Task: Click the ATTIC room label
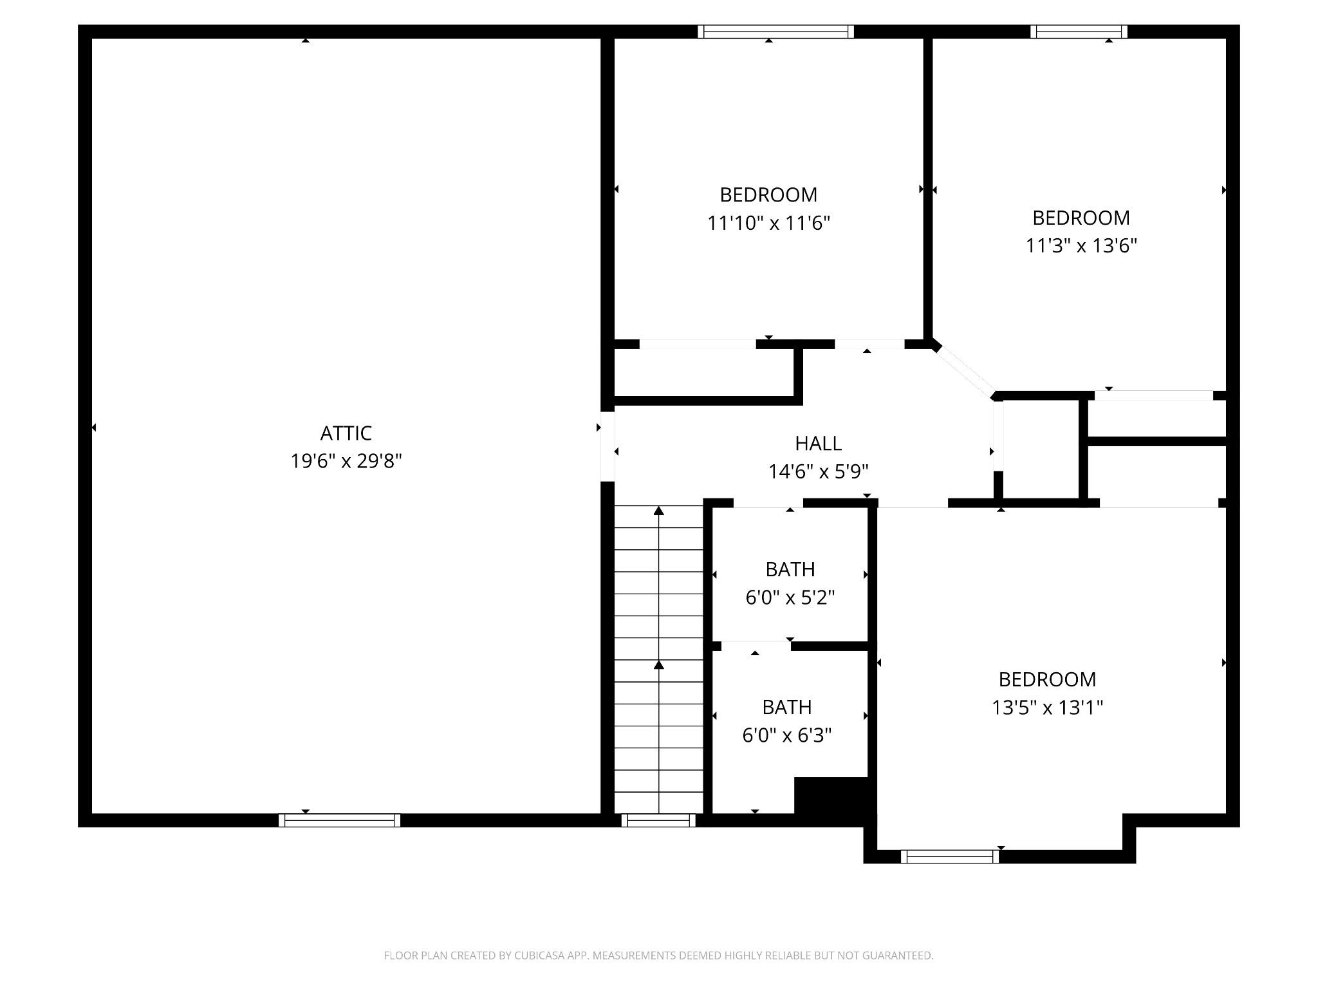click(346, 433)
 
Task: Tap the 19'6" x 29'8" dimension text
click(346, 462)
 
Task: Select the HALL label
click(818, 444)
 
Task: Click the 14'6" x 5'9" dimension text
click(818, 472)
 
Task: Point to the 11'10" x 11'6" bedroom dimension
click(768, 223)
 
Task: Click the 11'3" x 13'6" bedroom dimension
click(1081, 246)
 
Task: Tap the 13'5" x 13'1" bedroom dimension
click(1047, 708)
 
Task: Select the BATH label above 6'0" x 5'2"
click(790, 570)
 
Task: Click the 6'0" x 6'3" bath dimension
click(787, 735)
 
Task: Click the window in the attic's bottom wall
click(339, 820)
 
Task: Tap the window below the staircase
click(658, 820)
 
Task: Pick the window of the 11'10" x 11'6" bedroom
click(775, 32)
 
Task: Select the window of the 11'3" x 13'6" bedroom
click(1079, 32)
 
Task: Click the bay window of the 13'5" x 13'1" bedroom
click(950, 856)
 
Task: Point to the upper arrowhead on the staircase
click(658, 511)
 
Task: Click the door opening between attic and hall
click(608, 446)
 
